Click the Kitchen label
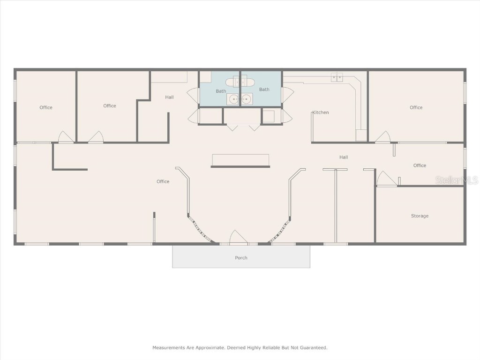(321, 112)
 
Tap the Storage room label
(420, 216)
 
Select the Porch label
(241, 258)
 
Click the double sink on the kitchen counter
(337, 77)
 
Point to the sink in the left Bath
(233, 99)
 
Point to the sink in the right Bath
(247, 99)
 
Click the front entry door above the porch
(239, 238)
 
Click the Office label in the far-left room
(46, 107)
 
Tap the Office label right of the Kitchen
(416, 107)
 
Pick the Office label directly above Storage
(420, 165)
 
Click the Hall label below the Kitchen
(344, 157)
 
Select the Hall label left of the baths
(169, 97)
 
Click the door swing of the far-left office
(65, 137)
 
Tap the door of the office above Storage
(386, 179)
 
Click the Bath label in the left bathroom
(221, 91)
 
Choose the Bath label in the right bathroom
(264, 90)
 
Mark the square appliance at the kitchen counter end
(361, 135)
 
